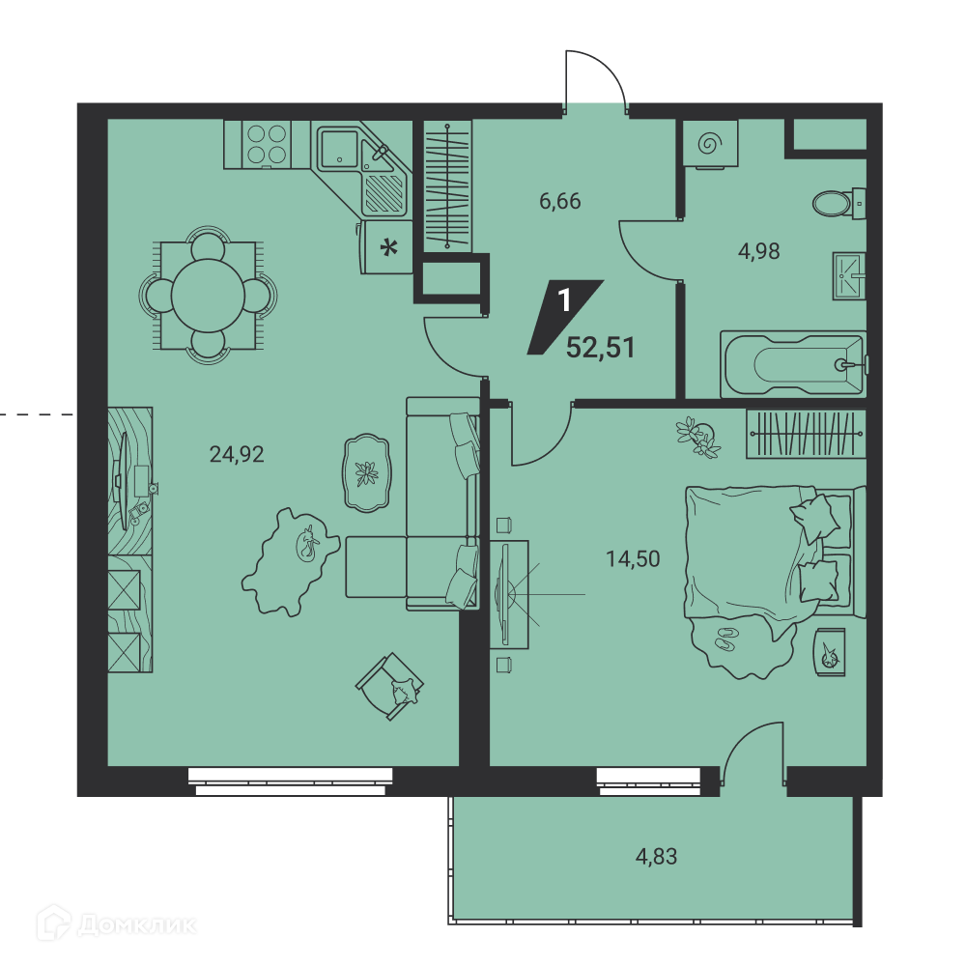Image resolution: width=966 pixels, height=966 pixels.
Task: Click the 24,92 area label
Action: point(237,455)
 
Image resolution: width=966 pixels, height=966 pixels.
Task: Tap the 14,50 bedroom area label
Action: point(633,559)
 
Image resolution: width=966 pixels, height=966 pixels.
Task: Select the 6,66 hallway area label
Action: point(560,202)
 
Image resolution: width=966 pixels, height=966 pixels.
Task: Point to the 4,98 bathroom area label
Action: point(759,251)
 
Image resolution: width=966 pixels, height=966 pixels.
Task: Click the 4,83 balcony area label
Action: point(656,856)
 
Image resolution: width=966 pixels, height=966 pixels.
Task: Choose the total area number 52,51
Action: point(600,348)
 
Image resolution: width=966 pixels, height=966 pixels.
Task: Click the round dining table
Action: point(208,296)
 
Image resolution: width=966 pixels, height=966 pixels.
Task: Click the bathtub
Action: point(793,365)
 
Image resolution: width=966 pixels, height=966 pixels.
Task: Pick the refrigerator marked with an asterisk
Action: point(387,247)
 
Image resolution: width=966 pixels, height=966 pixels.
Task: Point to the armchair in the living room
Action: point(389,686)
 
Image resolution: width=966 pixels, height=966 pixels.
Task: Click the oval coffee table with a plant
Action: point(366,473)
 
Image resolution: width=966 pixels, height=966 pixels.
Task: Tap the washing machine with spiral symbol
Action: point(710,144)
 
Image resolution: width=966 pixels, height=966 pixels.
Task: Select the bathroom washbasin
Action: point(849,276)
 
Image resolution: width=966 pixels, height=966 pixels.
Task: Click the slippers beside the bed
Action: point(725,639)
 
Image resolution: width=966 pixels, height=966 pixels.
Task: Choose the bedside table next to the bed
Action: point(831,652)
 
